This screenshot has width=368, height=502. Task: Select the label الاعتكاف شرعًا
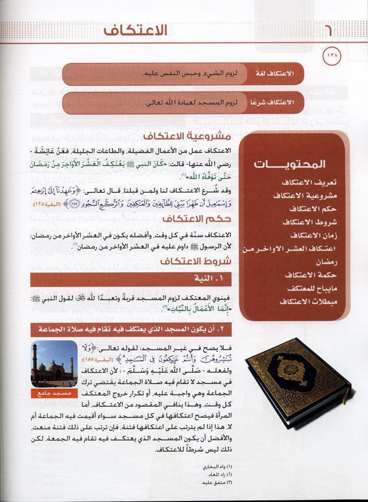(276, 102)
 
